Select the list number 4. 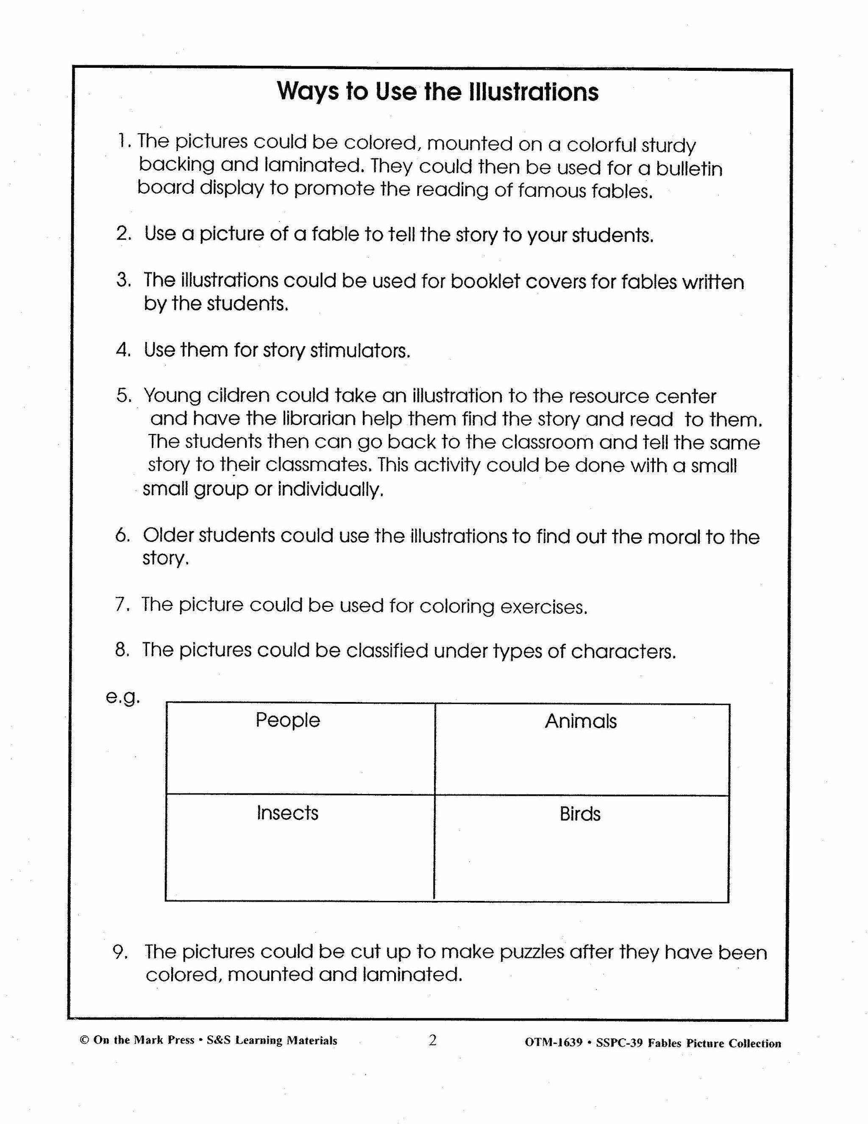tap(123, 350)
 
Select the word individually tap(331, 489)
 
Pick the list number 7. tap(122, 604)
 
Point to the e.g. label tap(123, 697)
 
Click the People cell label tap(287, 720)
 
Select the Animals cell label tap(581, 721)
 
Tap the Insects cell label tap(287, 813)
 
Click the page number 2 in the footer tap(432, 1040)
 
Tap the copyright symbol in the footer tap(84, 1040)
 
